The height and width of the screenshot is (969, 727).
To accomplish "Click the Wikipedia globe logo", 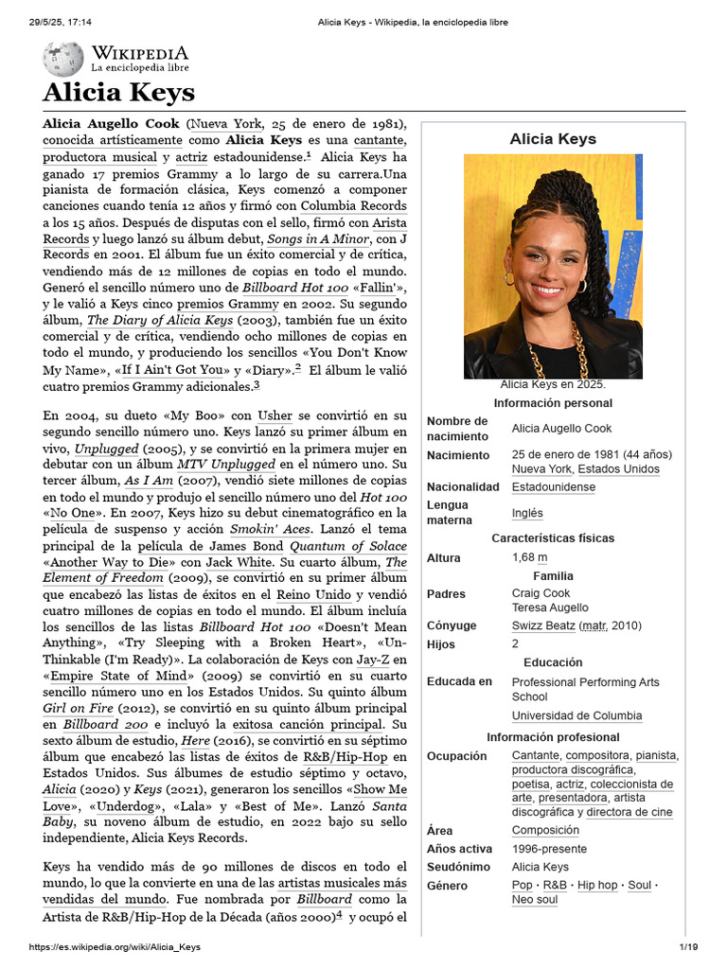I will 62,59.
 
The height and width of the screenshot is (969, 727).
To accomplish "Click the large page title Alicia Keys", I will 118,93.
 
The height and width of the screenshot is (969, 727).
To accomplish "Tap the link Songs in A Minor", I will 317,239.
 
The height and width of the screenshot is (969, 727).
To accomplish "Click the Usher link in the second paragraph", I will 275,415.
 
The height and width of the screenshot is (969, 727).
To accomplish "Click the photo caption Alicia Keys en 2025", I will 553,385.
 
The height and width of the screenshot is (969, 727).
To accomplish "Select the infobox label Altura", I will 444,558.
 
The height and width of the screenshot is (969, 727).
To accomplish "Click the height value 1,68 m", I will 529,558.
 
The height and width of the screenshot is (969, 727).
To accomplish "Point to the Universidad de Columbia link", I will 576,716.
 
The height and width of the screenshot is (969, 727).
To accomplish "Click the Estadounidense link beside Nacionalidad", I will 554,486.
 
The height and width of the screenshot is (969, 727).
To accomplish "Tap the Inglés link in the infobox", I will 527,513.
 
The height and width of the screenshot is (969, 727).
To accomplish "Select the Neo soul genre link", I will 535,900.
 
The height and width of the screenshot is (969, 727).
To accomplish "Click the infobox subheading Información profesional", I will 553,737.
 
